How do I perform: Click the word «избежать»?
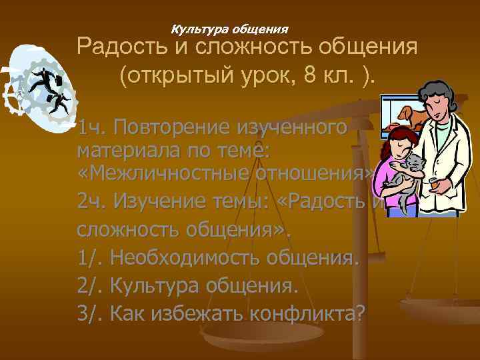pos(195,311)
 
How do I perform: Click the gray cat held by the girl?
pos(410,167)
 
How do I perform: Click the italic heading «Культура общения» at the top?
pos(230,29)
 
